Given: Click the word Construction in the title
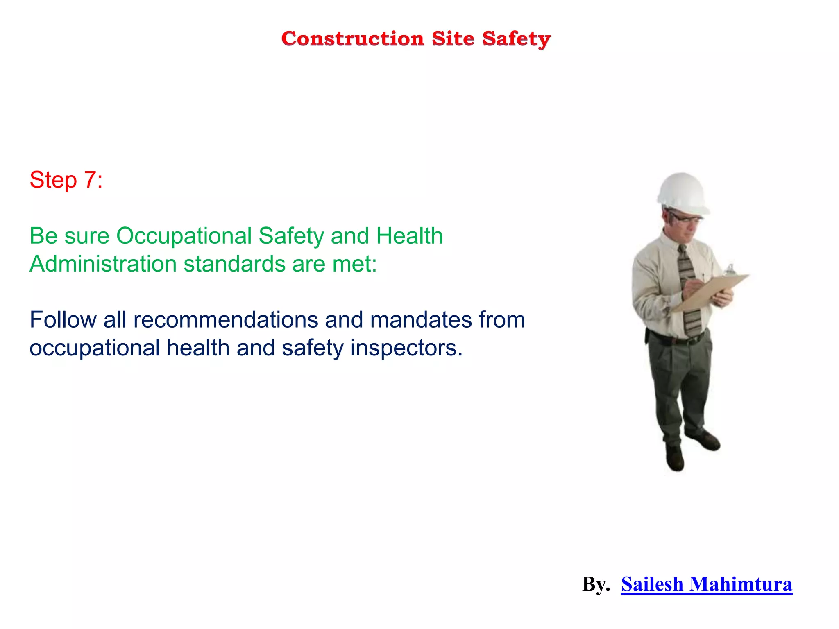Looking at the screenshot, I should (x=352, y=39).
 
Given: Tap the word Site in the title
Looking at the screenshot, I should (x=453, y=39).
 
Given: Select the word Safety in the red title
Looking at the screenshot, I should (x=516, y=40).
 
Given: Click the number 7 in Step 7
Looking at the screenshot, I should (x=90, y=180).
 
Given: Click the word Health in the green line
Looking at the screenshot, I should (x=409, y=236).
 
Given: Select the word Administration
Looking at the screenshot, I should (x=103, y=264).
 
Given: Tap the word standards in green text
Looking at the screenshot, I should (x=234, y=264).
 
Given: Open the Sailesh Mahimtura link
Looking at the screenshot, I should (x=706, y=584).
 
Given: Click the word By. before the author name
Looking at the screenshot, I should (x=596, y=584).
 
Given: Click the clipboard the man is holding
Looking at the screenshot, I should (x=711, y=292).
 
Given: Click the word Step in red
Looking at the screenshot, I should (x=53, y=180).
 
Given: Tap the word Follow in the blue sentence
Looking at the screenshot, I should (x=63, y=320).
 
